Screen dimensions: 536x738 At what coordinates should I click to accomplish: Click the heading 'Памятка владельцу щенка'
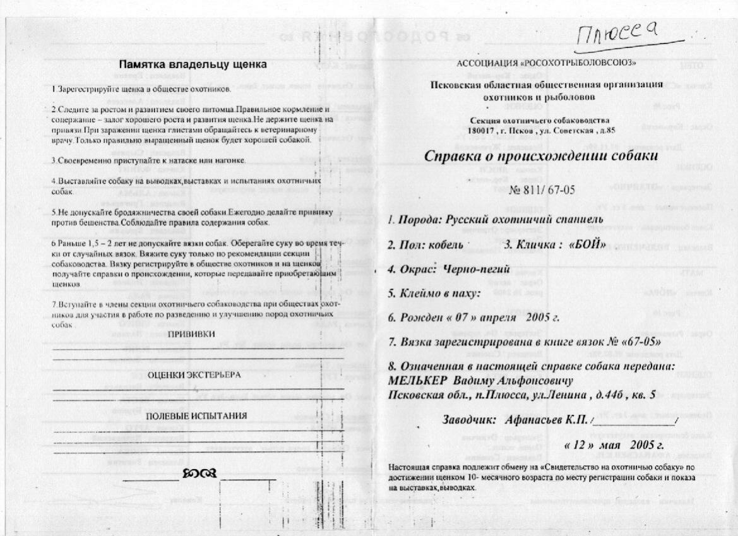click(x=193, y=64)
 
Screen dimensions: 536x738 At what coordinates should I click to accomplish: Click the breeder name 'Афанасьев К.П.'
click(x=545, y=419)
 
